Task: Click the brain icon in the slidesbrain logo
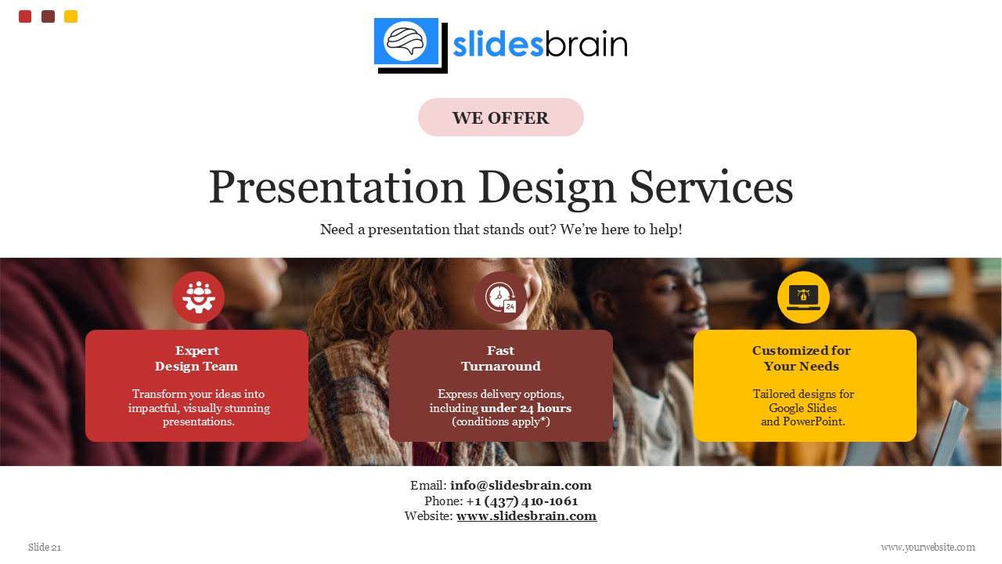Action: point(405,41)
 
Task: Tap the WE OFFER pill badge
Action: point(501,117)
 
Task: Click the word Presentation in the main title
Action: point(337,188)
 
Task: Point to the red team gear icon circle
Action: point(198,298)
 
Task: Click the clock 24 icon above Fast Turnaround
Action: point(500,298)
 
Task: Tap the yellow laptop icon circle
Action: point(803,298)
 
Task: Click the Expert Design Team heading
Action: point(196,359)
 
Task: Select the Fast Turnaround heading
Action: point(501,359)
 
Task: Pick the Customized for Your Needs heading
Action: point(802,359)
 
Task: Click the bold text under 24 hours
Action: point(526,408)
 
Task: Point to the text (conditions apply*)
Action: point(501,421)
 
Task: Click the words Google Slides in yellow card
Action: point(802,408)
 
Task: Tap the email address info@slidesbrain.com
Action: point(521,486)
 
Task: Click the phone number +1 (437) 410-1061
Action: point(522,501)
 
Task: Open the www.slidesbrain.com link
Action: point(526,516)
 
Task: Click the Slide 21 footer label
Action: point(45,548)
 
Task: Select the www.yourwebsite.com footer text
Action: point(928,548)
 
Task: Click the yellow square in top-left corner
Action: point(70,16)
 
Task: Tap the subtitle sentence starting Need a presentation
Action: point(501,230)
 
